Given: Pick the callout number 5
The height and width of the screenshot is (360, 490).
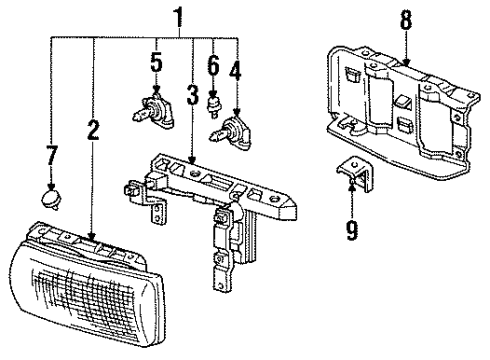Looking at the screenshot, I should pyautogui.click(x=155, y=63).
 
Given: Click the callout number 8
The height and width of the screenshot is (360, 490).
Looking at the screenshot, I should pyautogui.click(x=407, y=18).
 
